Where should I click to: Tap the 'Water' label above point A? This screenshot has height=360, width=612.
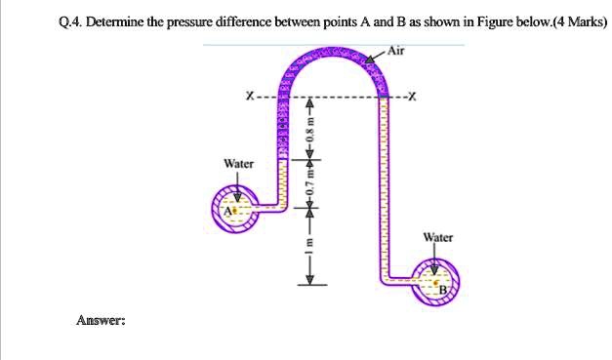click(238, 164)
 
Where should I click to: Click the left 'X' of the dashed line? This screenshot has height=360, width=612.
click(252, 96)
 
